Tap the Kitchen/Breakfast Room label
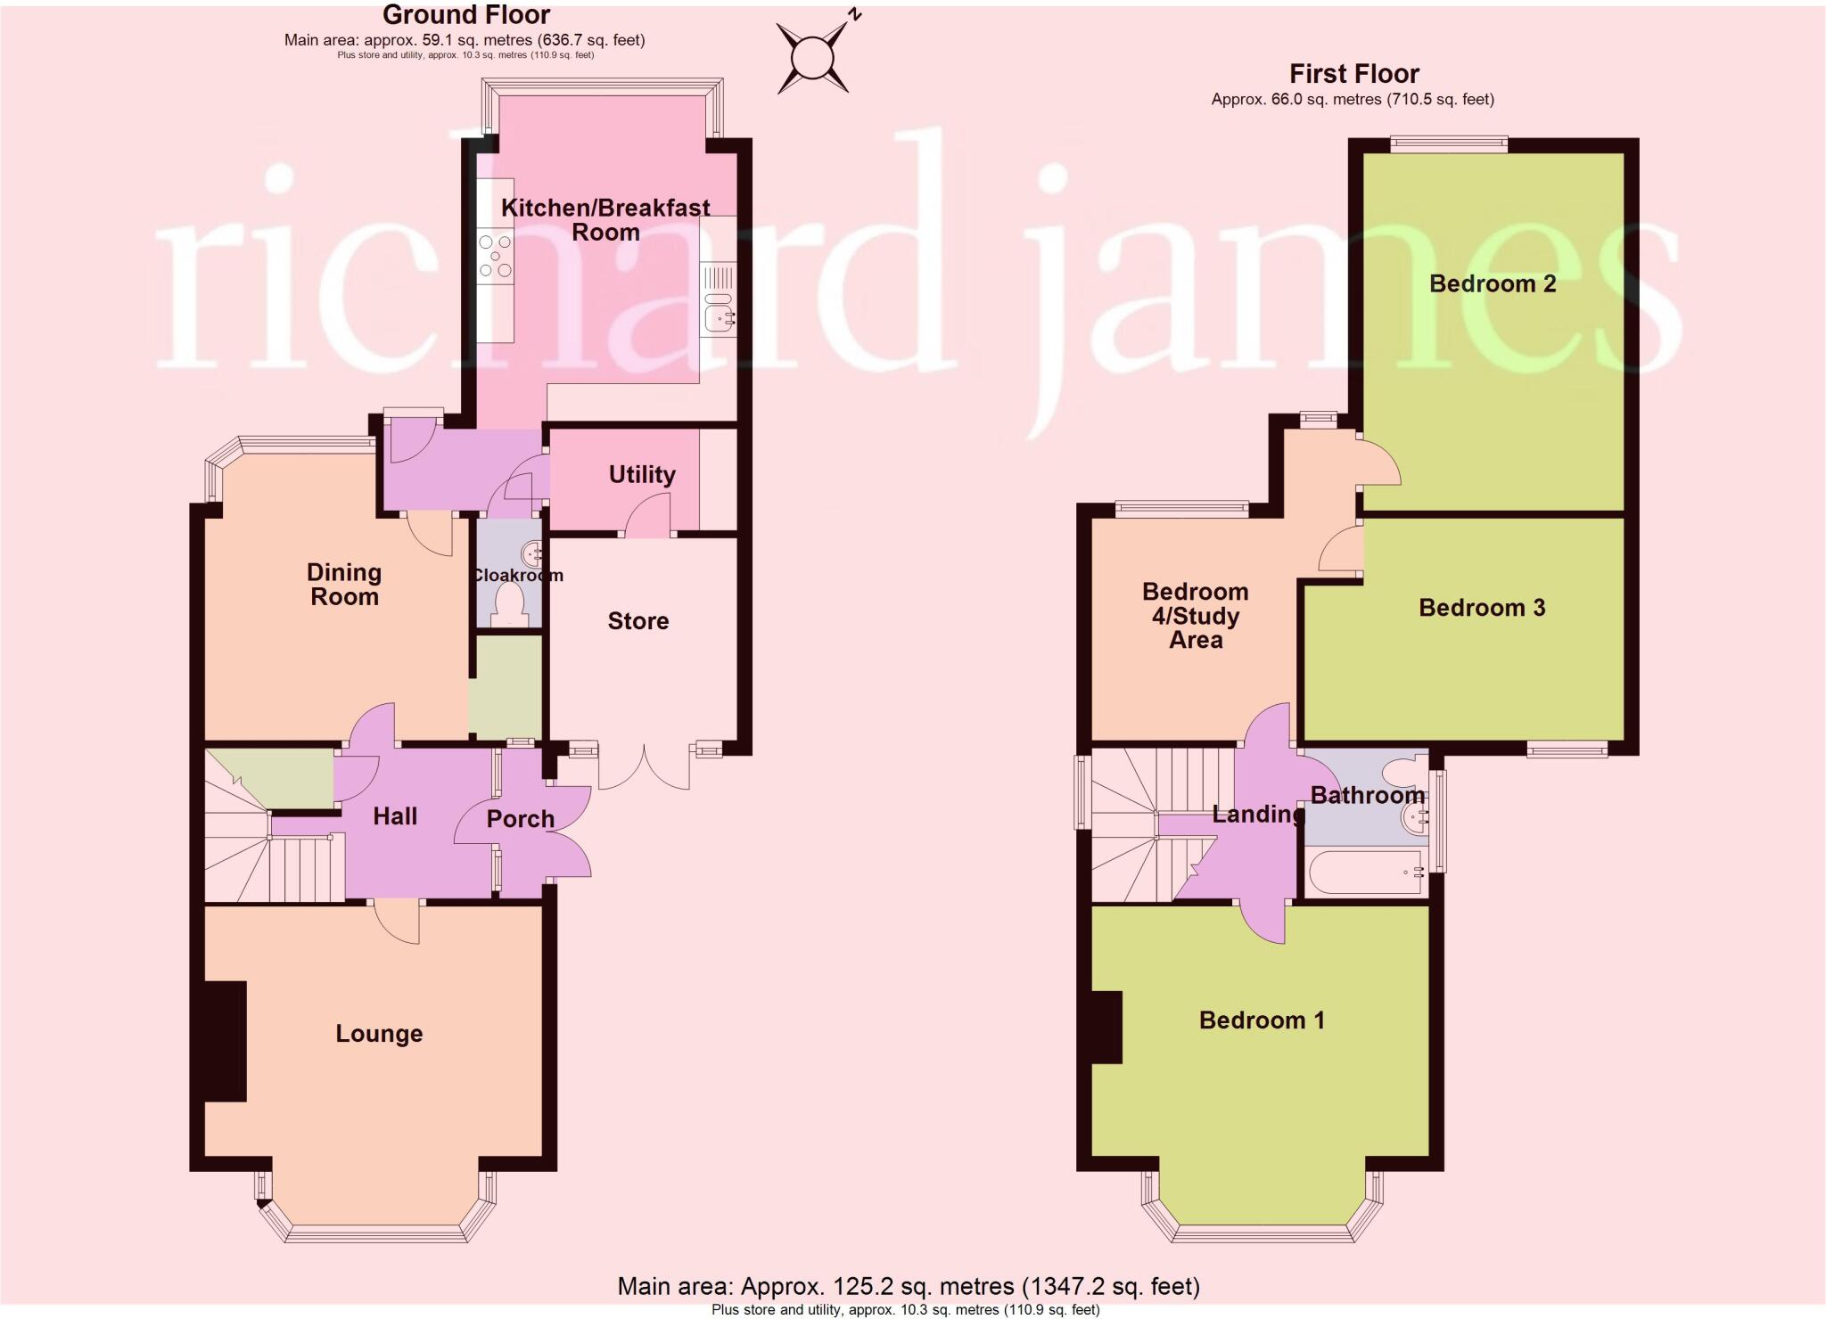point(605,219)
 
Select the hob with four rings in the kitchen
point(495,256)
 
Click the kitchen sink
point(717,315)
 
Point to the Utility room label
point(642,474)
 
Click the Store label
point(637,621)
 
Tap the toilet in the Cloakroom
point(513,603)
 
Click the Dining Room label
point(344,585)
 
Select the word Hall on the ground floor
point(395,815)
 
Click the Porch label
point(521,818)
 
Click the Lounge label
point(379,1034)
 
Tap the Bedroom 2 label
point(1493,283)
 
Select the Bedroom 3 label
point(1482,608)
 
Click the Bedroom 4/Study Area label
point(1195,616)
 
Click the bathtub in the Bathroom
point(1364,873)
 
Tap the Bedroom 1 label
point(1262,1020)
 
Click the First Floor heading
point(1353,74)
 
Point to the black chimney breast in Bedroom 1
point(1106,1028)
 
